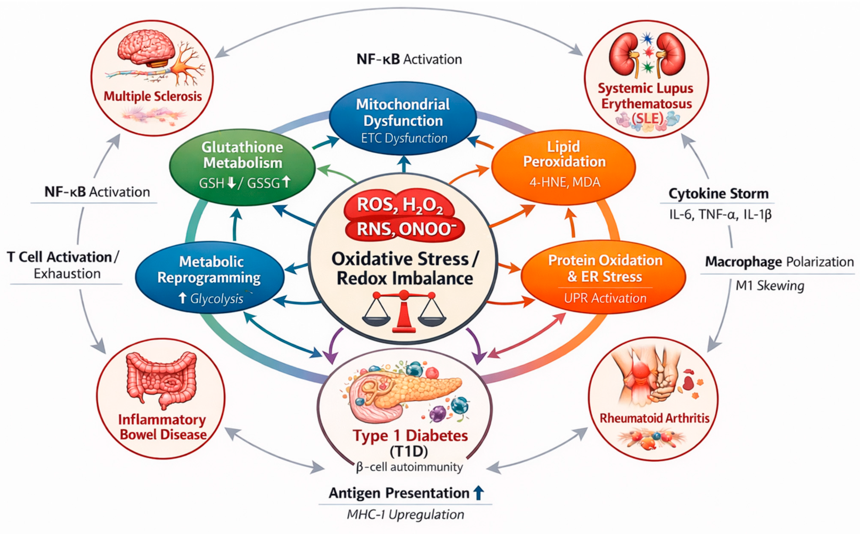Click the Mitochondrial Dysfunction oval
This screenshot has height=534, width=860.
pos(403,119)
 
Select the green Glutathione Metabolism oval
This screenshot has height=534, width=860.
pos(242,167)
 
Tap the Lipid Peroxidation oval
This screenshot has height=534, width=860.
pos(563,167)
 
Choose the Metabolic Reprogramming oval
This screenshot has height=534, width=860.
pos(210,277)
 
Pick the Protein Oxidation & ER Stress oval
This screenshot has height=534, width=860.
pos(603,277)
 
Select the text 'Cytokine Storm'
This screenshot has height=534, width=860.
pos(718,193)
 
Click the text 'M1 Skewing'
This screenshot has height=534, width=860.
pos(770,286)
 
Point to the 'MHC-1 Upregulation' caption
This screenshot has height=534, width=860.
pos(405,514)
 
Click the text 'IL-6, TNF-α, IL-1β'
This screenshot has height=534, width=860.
pos(720,215)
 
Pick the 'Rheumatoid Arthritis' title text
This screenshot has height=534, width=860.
pos(655,418)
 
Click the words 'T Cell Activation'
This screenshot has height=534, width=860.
pos(59,257)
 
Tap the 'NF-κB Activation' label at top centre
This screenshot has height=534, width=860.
pos(409,59)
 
